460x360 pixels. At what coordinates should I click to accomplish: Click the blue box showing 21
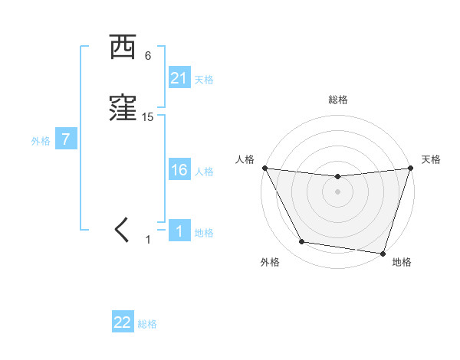(x=179, y=78)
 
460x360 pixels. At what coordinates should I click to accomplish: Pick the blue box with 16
(x=179, y=170)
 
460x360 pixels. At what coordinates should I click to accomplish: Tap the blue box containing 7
(x=66, y=140)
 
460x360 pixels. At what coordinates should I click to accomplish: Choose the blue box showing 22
(x=123, y=322)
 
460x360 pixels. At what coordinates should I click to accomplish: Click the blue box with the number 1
(x=179, y=232)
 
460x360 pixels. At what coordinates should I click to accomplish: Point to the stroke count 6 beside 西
(x=148, y=56)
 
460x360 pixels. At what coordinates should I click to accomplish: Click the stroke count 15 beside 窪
(x=148, y=117)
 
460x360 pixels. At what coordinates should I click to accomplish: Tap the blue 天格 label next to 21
(x=204, y=80)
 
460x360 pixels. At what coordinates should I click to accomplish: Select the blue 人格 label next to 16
(x=204, y=172)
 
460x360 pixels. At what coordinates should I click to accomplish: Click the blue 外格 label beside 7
(x=41, y=141)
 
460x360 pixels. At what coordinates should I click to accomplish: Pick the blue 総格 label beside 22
(x=147, y=324)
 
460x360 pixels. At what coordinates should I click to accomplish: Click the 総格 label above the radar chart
(x=337, y=100)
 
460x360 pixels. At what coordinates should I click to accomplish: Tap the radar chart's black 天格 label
(x=431, y=159)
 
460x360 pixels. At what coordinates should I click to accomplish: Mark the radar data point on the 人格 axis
(x=264, y=168)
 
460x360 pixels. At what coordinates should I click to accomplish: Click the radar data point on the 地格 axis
(x=383, y=253)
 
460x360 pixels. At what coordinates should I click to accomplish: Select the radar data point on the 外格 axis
(x=301, y=242)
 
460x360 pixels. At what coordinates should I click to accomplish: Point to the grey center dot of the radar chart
(x=337, y=191)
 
